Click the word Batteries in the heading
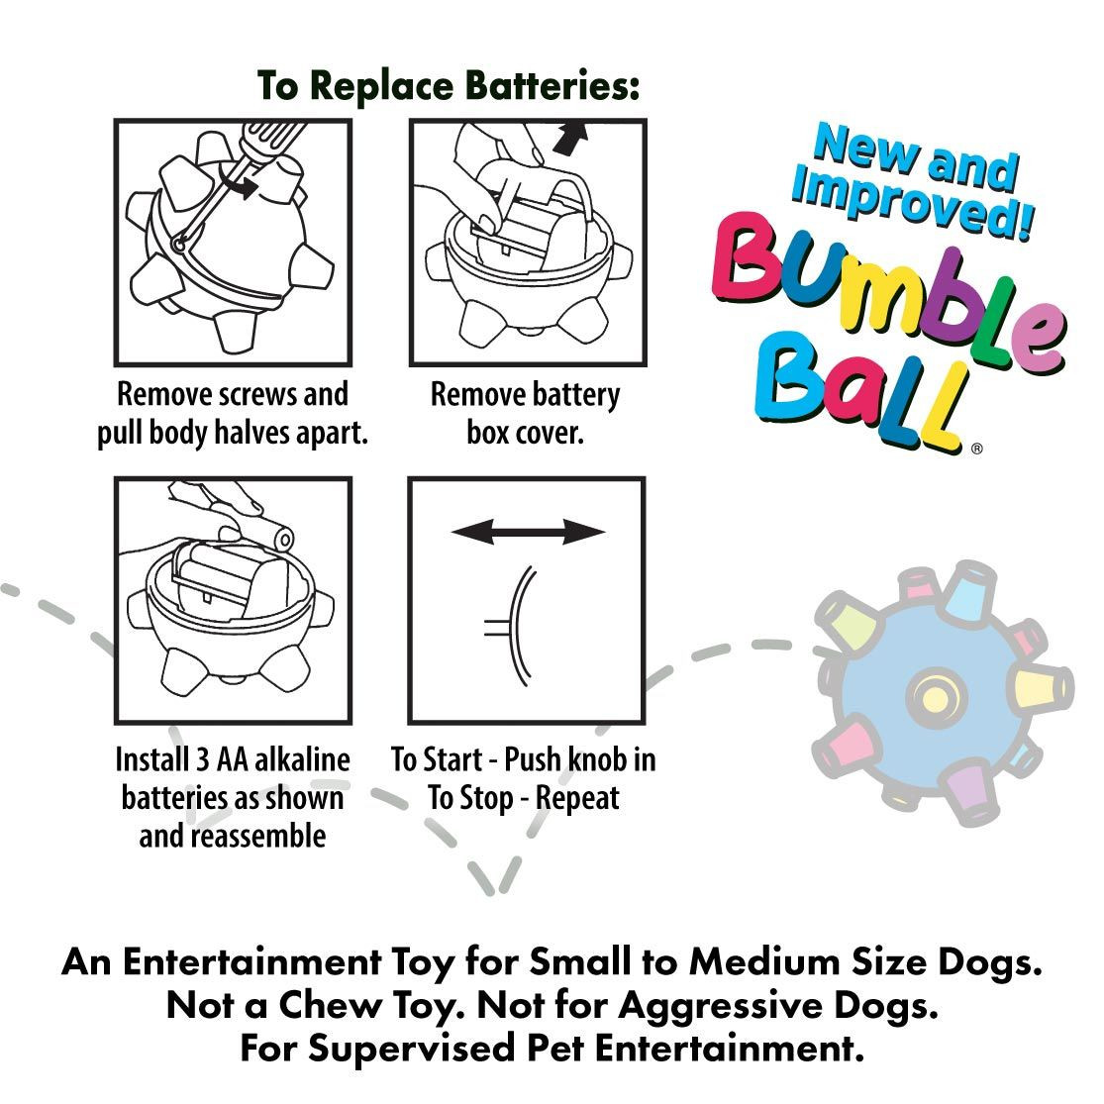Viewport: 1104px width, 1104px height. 537,86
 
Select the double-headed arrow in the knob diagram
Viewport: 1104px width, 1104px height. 528,533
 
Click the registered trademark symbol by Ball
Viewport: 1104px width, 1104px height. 976,449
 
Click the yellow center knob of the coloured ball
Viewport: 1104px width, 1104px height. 933,692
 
